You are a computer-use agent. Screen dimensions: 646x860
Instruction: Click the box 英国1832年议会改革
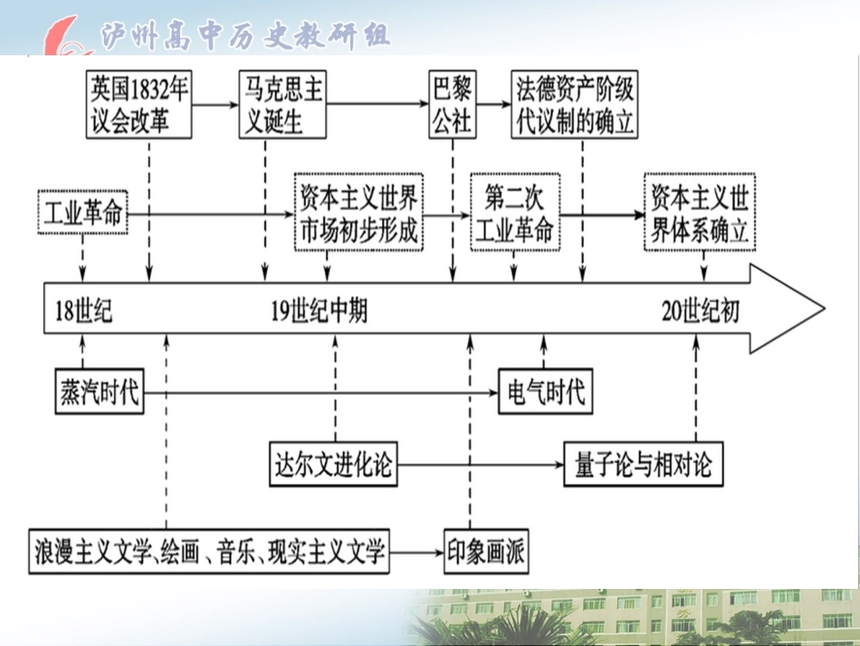139,105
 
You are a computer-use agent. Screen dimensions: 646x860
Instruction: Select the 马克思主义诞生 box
282,105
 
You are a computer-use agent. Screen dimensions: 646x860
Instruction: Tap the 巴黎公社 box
451,105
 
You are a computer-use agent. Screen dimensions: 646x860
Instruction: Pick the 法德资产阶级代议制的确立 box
574,105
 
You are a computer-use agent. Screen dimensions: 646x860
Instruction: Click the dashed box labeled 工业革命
82,213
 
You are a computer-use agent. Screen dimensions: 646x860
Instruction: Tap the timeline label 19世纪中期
320,311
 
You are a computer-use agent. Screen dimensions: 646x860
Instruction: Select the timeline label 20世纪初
700,311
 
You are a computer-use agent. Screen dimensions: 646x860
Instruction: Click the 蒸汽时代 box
99,392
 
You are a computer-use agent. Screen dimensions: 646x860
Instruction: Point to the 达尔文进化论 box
333,465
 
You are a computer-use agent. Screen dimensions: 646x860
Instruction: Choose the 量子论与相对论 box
643,465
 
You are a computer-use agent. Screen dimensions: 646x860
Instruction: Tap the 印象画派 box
485,550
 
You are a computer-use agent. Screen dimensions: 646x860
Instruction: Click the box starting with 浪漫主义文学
209,550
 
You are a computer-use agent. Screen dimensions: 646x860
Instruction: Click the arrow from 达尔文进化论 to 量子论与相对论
480,466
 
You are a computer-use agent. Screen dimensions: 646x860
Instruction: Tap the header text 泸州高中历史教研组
244,34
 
